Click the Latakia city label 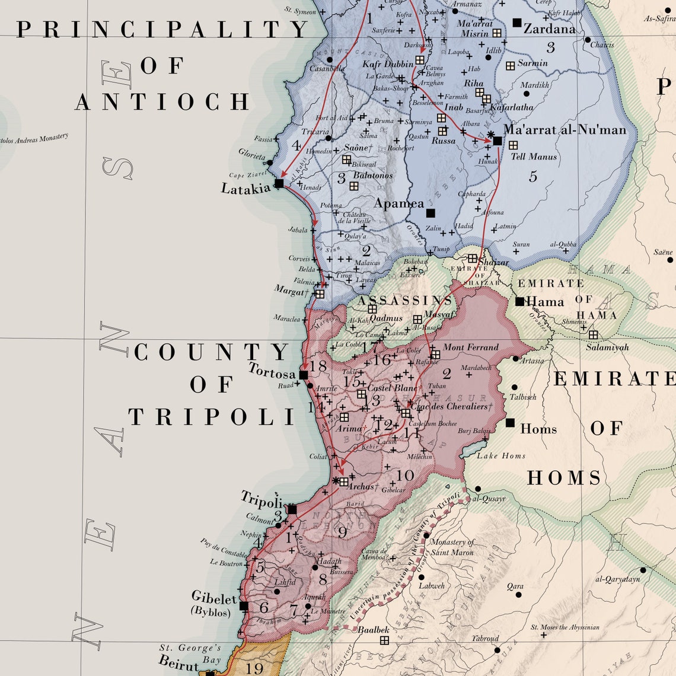click(245, 189)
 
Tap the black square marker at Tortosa click(304, 375)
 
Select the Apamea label click(398, 203)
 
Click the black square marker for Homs click(510, 422)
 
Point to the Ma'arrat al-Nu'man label click(565, 129)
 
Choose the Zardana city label click(549, 29)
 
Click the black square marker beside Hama click(519, 301)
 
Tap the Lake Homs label click(501, 455)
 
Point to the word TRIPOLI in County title click(212, 417)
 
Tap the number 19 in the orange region click(254, 668)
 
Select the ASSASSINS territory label click(404, 301)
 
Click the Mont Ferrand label click(471, 347)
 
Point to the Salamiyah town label click(607, 347)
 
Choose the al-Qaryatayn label click(617, 579)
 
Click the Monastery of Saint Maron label click(452, 547)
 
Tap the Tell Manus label click(534, 157)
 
